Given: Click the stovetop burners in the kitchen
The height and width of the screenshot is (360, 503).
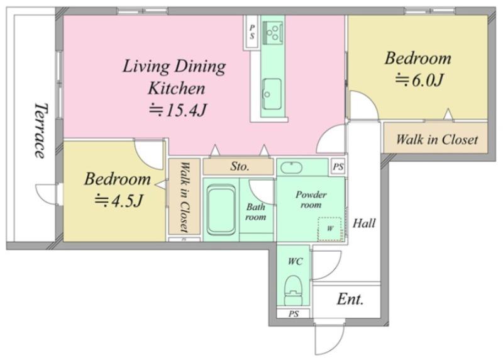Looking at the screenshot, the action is click(x=273, y=33).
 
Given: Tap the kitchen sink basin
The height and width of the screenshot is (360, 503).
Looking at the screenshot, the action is click(x=272, y=94).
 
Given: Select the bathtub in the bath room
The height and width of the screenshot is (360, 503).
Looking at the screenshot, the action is click(x=221, y=210).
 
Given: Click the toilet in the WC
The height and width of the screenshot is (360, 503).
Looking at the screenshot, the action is click(x=294, y=290).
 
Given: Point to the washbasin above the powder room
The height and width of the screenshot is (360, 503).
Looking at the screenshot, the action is click(x=291, y=167).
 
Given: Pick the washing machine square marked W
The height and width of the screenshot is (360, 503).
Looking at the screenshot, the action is click(x=329, y=229).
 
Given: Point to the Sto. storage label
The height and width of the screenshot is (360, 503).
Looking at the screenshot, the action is click(x=240, y=166).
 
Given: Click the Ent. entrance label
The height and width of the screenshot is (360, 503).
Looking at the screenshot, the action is click(x=350, y=300).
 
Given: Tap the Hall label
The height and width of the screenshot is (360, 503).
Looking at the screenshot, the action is click(x=364, y=223).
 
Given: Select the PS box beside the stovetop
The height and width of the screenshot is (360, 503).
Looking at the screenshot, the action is click(x=252, y=33).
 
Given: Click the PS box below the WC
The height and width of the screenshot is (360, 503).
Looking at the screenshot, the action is click(x=294, y=313).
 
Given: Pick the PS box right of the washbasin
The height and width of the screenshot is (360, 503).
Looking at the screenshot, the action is click(x=338, y=167).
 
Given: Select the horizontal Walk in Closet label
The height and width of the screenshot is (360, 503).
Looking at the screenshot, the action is click(x=437, y=139).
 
